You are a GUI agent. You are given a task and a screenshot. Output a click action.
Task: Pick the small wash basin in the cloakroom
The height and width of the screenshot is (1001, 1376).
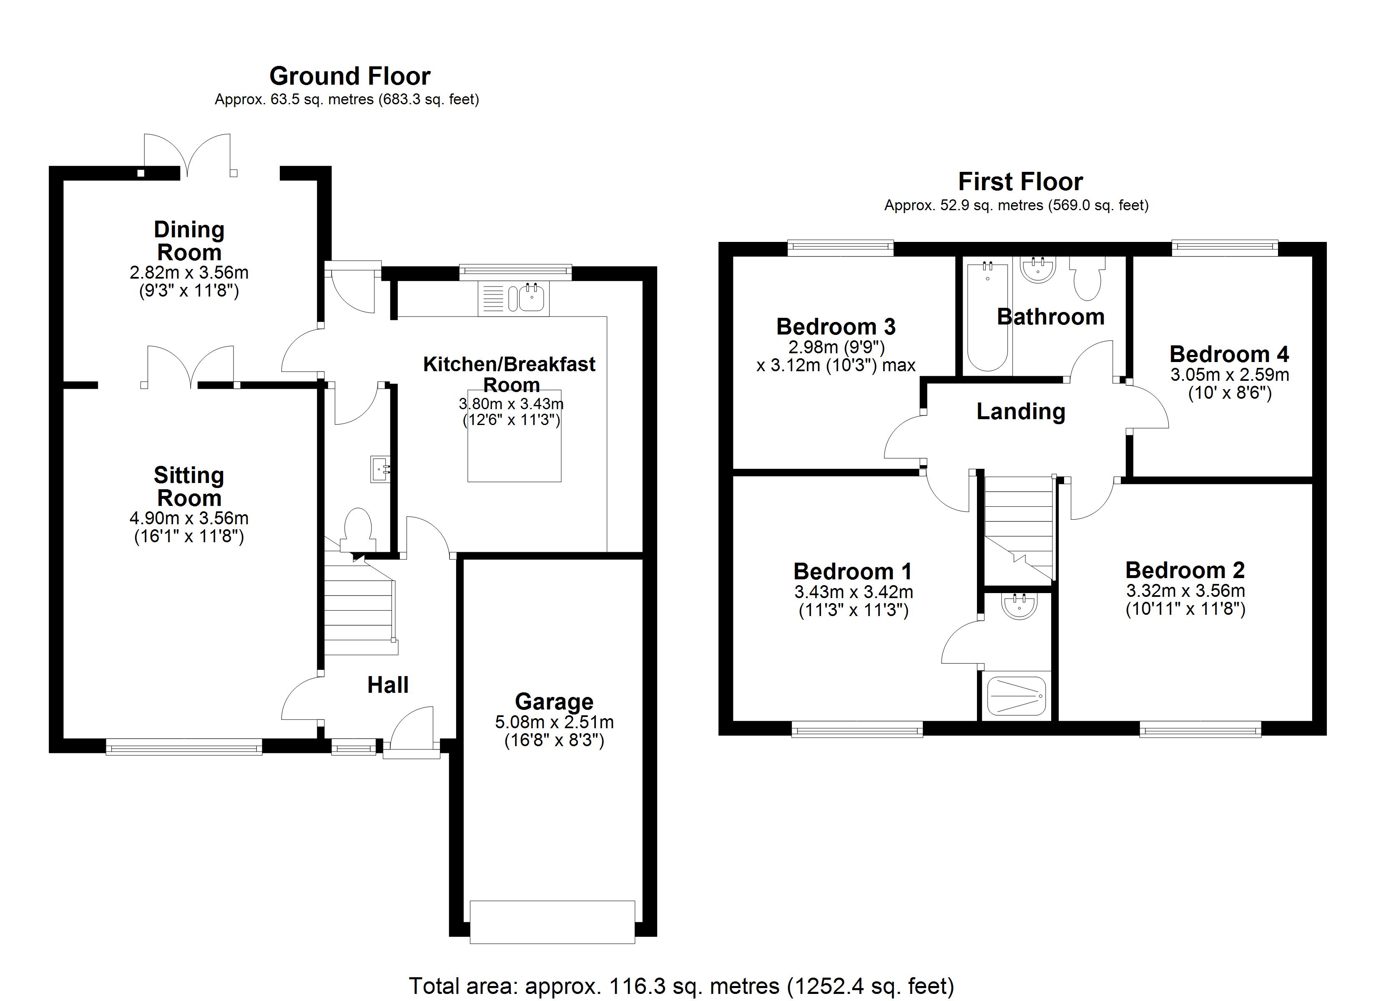point(379,469)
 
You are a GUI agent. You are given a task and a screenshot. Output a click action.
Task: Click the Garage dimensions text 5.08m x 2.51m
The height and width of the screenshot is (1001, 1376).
point(554,722)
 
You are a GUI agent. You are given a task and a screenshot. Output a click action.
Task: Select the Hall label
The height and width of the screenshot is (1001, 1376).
point(388,685)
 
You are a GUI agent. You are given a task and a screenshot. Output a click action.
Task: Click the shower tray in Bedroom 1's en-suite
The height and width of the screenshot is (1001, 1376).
point(1016,696)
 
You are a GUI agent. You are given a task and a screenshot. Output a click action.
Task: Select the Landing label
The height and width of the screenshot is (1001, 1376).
point(1020,412)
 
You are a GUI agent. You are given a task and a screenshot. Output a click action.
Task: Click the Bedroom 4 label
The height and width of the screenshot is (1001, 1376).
point(1229,354)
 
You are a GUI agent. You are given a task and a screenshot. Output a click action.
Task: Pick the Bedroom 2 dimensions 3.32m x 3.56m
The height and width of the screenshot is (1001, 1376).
point(1185,590)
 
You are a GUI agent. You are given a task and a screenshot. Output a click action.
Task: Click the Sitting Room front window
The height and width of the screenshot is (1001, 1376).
point(184,747)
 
